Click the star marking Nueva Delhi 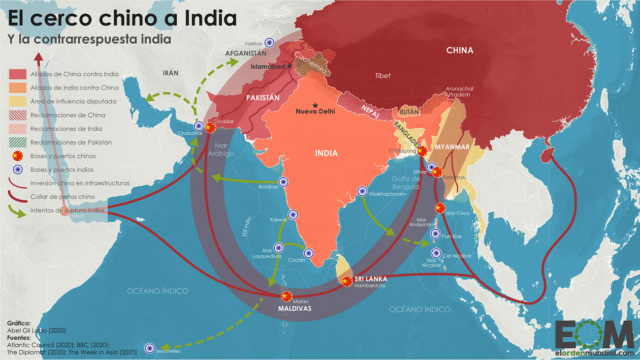(x=317, y=106)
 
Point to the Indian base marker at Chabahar (x=199, y=126)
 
